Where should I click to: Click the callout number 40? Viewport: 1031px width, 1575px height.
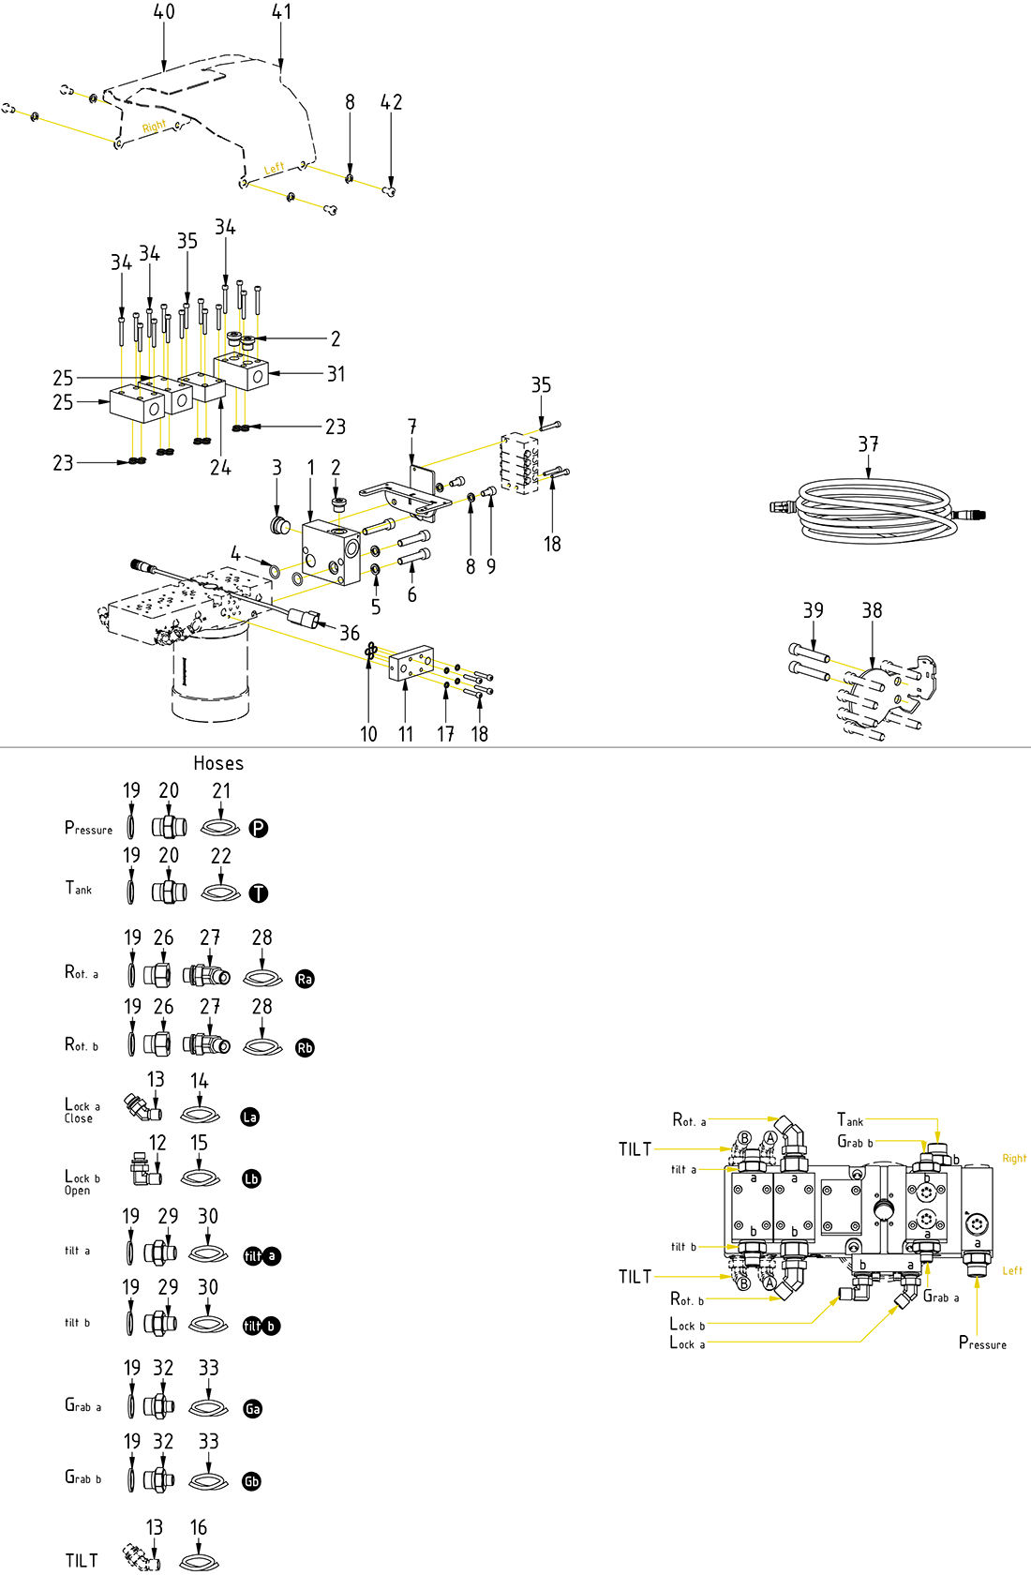click(164, 12)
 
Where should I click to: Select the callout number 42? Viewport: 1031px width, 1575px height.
click(391, 102)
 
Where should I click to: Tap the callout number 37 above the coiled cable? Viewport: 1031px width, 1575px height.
click(868, 444)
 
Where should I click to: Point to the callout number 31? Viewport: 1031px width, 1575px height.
click(336, 374)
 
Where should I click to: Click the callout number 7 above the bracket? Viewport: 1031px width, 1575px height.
click(411, 427)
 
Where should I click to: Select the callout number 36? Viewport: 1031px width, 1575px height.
click(350, 634)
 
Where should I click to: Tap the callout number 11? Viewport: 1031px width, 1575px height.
click(405, 734)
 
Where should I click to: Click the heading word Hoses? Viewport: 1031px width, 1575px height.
click(218, 763)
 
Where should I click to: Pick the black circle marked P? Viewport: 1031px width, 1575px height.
click(259, 828)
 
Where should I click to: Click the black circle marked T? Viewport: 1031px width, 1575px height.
click(259, 893)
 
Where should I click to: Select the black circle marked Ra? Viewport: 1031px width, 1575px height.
click(305, 979)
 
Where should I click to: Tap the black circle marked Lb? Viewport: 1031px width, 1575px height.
click(251, 1179)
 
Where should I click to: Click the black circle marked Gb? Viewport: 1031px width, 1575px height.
click(251, 1481)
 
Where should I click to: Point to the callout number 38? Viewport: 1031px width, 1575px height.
click(872, 610)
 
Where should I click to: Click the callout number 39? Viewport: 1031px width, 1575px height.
click(813, 610)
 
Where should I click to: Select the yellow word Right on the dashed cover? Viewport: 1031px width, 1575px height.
click(154, 127)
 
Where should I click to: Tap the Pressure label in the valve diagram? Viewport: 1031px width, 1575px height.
click(982, 1343)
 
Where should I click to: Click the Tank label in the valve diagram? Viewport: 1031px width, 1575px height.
click(850, 1120)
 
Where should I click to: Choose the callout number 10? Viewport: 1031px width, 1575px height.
click(368, 734)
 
